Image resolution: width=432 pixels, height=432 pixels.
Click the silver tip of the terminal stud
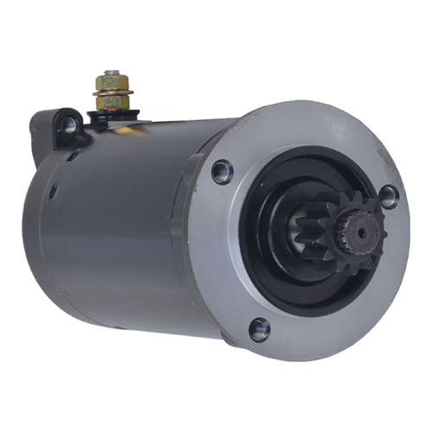(111, 73)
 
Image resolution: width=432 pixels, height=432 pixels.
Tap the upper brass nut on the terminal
(111, 83)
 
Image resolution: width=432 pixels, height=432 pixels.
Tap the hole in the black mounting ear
(69, 124)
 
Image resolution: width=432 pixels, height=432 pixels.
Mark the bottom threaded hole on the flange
(258, 327)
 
